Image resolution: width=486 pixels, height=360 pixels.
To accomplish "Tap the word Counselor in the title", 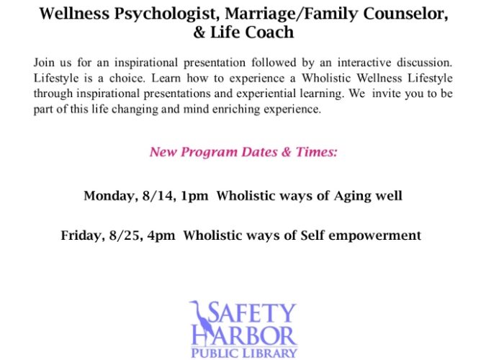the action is tap(405, 14).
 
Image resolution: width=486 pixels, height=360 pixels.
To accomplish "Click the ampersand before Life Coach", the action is tap(199, 32).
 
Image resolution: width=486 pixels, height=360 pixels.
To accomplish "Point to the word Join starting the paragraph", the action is tap(44, 63).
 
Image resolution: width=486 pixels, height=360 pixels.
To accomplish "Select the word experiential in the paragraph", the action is tap(265, 94).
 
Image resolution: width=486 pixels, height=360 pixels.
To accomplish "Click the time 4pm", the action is tap(161, 236).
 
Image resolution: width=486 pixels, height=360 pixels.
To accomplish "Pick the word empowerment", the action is tap(374, 236).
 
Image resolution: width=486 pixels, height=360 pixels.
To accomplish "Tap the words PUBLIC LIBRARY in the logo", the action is tap(244, 354).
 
